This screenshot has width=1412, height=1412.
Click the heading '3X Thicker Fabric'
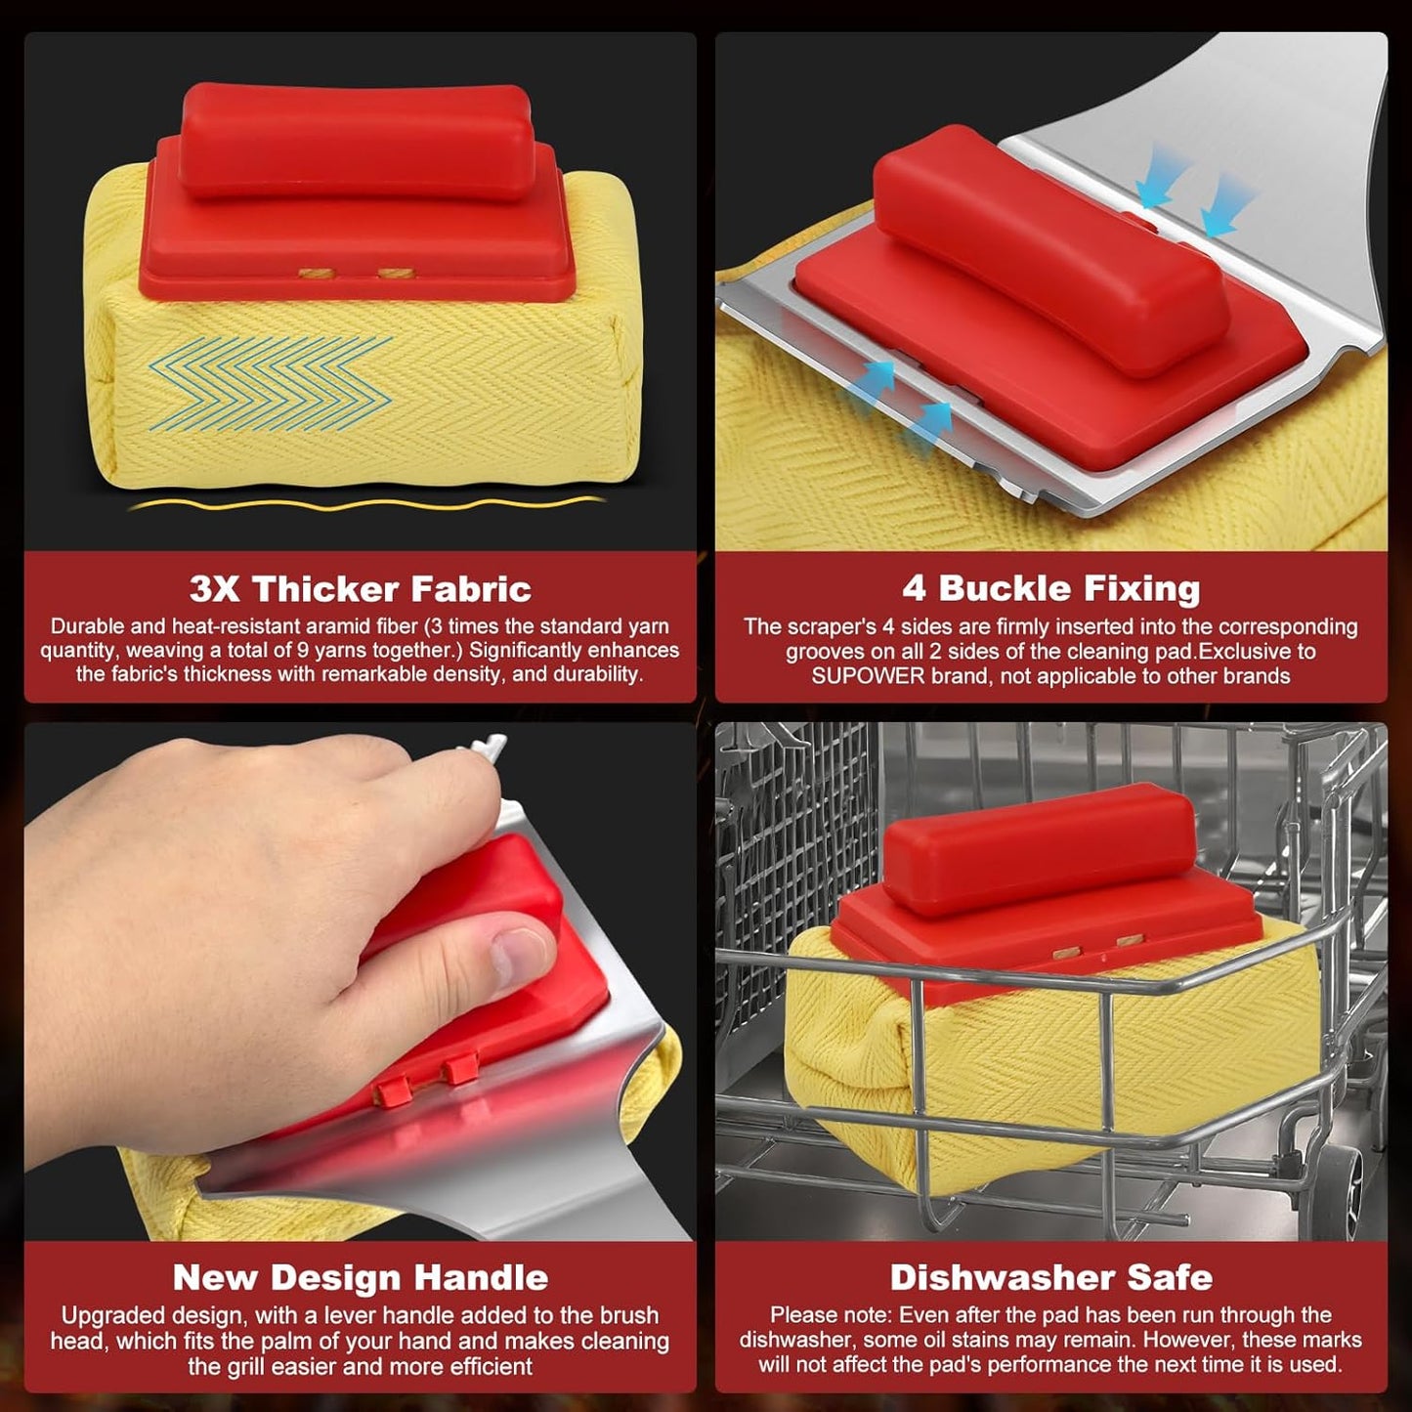361,589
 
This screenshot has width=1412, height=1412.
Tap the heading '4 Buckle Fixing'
1051,588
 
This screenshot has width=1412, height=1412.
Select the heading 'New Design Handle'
361,1277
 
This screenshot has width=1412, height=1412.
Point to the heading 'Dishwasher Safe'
1051,1277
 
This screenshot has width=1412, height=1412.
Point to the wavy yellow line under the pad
366,503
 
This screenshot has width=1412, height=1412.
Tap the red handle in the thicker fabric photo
356,140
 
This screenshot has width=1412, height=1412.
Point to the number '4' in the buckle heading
914,588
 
